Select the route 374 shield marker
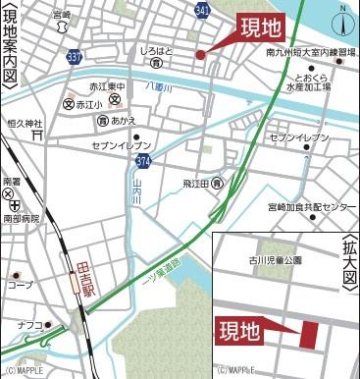click(143, 159)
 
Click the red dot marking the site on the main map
click(200, 55)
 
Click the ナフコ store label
click(30, 325)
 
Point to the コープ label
click(19, 285)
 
